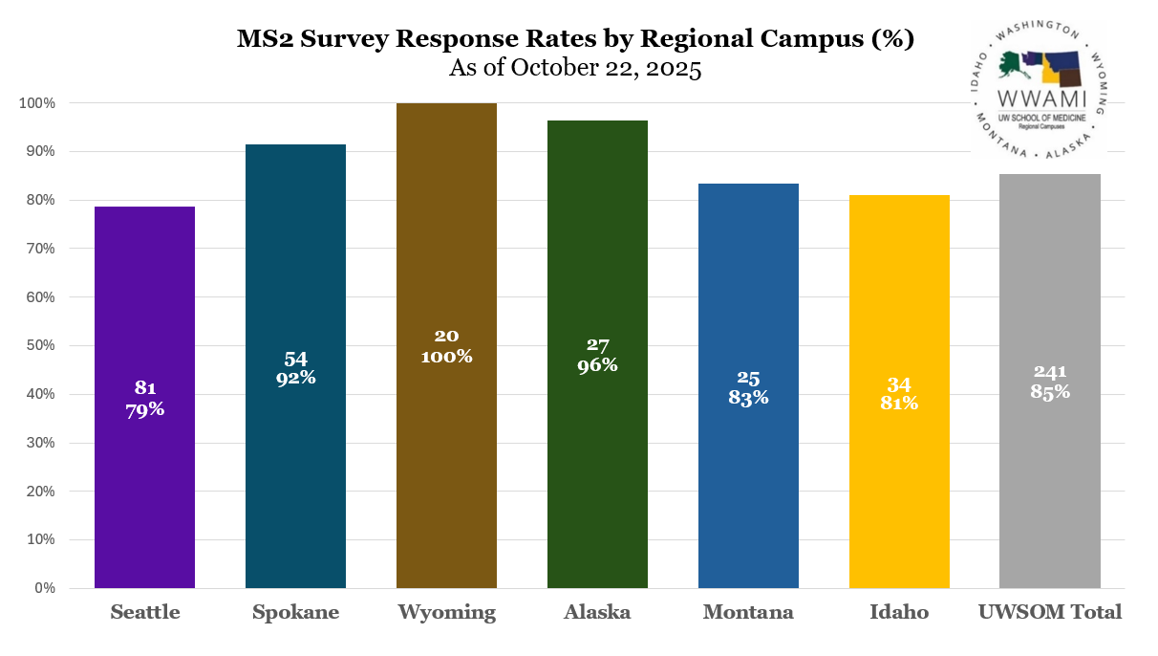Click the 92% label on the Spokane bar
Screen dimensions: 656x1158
tap(295, 378)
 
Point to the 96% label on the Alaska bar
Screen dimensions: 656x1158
tap(597, 365)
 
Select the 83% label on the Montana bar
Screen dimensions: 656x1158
tap(748, 398)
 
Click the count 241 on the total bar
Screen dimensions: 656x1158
tap(1049, 372)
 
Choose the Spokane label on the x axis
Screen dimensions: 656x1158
tap(295, 613)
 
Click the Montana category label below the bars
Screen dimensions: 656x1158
tap(748, 613)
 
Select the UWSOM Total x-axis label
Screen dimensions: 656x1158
tap(1049, 613)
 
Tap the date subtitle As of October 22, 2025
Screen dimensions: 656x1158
tap(575, 69)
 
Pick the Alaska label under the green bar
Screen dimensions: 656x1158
tap(597, 613)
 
